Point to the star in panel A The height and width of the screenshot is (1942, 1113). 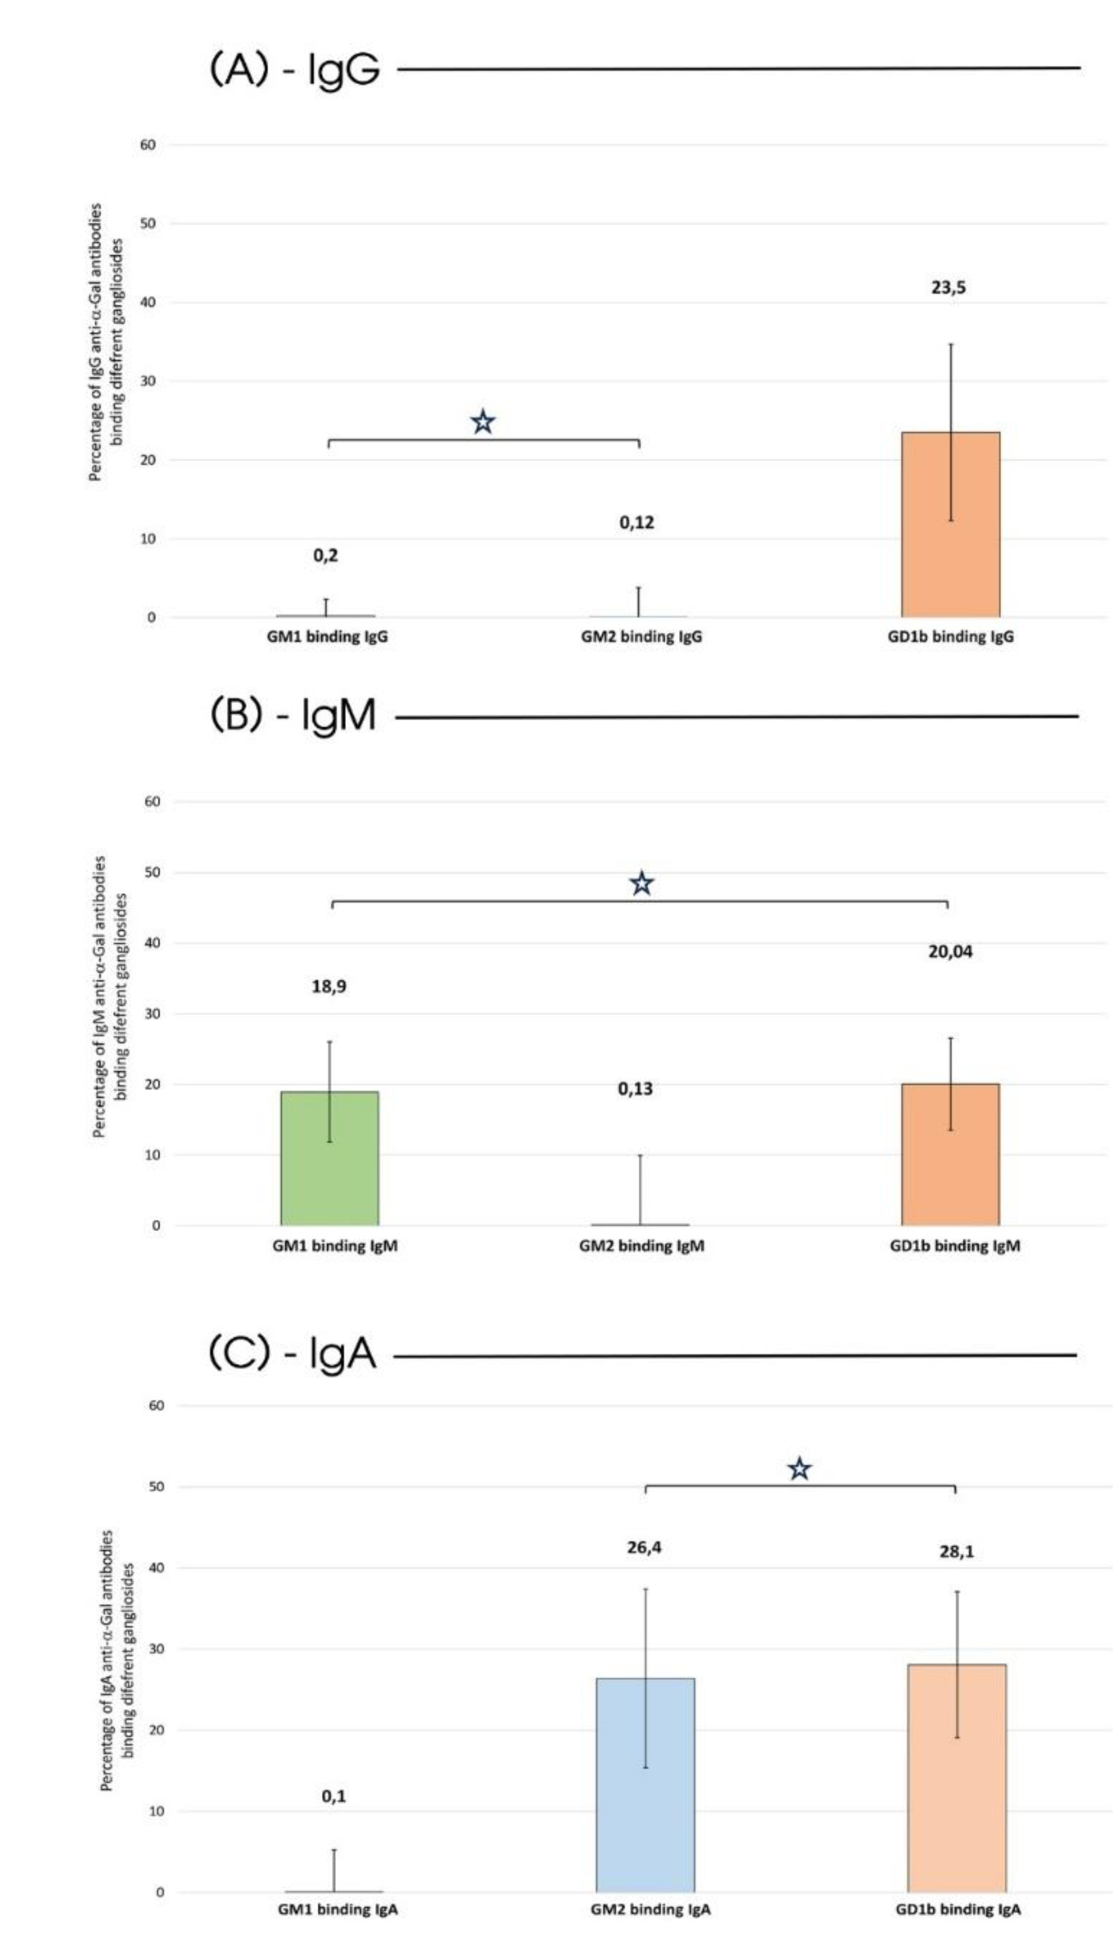point(482,422)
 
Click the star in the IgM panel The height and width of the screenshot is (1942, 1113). point(641,884)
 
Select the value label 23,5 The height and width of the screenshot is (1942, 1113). point(948,288)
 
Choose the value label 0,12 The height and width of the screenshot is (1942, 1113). point(636,523)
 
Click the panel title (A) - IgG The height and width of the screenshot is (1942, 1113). point(294,70)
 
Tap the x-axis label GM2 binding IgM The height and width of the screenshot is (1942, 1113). point(641,1246)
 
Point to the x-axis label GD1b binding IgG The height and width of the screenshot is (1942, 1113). point(950,637)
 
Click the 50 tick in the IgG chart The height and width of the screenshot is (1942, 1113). point(148,224)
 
